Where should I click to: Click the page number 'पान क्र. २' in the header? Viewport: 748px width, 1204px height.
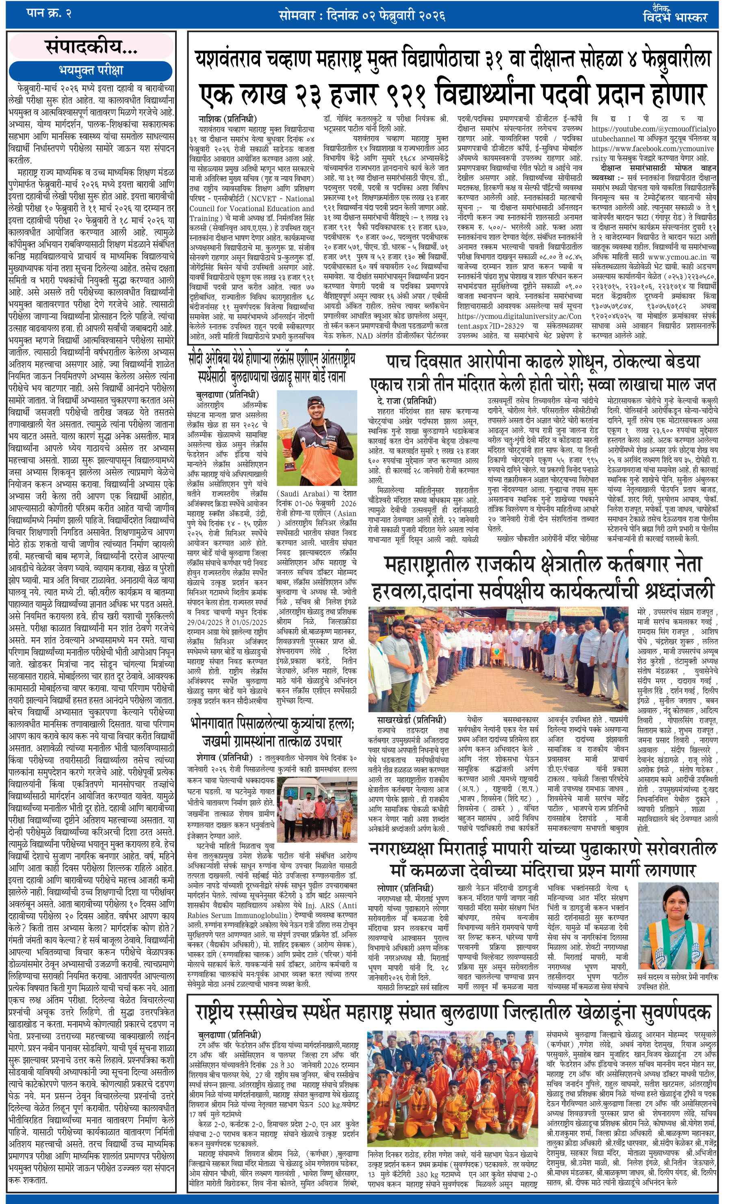point(48,13)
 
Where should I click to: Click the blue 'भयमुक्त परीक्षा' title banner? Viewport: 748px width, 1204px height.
point(91,70)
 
